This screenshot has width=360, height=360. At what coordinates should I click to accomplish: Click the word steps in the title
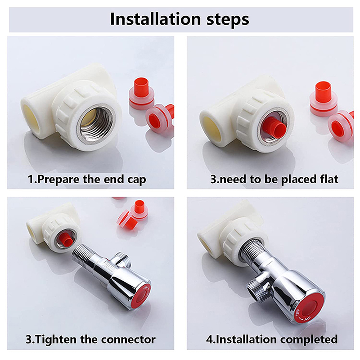(228, 20)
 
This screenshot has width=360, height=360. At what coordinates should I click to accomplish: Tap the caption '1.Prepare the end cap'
(87, 180)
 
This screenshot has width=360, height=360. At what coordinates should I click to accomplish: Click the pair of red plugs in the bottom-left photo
(133, 215)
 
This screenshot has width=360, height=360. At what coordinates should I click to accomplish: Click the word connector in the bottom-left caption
(128, 339)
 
